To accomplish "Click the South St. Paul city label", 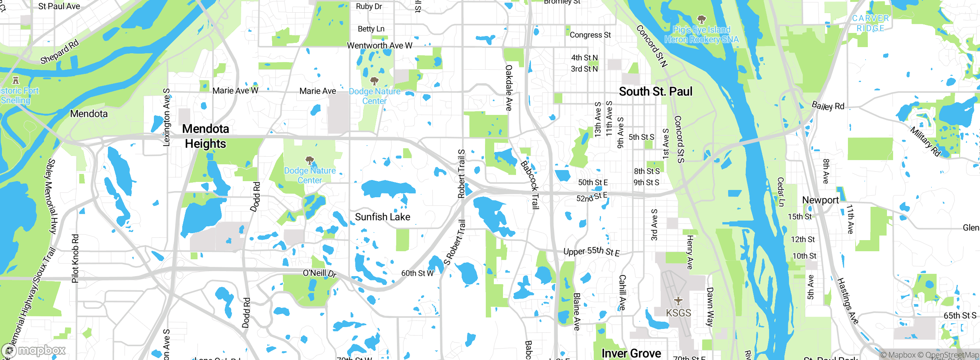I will [655, 92].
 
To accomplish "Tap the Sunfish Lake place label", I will [382, 217].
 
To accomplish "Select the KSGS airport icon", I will [678, 301].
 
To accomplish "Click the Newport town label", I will [820, 200].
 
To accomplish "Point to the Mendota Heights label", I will [206, 136].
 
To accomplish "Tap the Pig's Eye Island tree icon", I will [701, 19].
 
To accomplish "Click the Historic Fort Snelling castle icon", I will [16, 80].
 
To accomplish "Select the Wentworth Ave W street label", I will [379, 46].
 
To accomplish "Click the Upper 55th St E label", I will [591, 251].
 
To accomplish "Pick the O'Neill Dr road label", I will [319, 273].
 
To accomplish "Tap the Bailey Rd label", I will [828, 106].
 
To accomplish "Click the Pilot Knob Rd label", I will [75, 259].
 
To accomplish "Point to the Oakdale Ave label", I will [509, 88].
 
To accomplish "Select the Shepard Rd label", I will [60, 52].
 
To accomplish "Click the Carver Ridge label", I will [871, 23].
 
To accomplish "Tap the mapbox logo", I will [34, 350].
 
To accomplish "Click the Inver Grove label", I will [631, 353].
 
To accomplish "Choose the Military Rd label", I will [925, 141].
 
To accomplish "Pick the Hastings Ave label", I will [848, 301].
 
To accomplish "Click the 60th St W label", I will [417, 273].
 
